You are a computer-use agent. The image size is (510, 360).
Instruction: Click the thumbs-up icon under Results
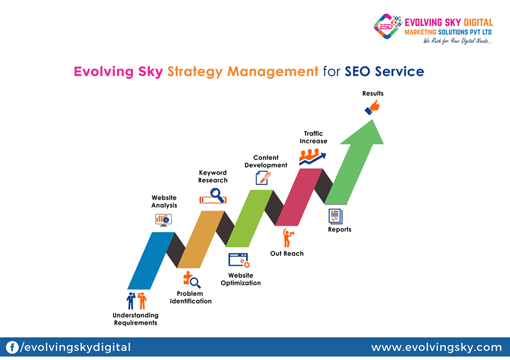tap(372, 107)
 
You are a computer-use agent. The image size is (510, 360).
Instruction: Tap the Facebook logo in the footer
tap(12, 347)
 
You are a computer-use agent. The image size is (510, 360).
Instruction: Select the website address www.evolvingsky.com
tap(436, 347)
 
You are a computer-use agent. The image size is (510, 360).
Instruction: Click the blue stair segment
tap(151, 261)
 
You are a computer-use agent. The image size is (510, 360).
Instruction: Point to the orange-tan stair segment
tap(201, 239)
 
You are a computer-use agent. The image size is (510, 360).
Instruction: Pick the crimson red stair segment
tap(299, 197)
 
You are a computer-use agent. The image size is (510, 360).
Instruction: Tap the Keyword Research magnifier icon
tap(213, 196)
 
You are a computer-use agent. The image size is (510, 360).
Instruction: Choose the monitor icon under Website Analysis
tap(163, 220)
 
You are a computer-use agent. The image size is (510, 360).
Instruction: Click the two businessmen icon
tap(137, 301)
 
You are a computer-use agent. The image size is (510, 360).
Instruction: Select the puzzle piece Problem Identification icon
tap(192, 280)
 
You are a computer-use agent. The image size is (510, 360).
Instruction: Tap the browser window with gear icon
tap(239, 261)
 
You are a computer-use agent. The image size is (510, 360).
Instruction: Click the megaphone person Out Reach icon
tap(288, 238)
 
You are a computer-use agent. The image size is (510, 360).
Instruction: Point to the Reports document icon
tap(335, 217)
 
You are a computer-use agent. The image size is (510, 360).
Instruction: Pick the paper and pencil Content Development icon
tap(263, 178)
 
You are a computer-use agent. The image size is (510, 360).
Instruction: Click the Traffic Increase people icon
tap(312, 157)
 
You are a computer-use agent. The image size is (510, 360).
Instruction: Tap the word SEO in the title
tap(358, 72)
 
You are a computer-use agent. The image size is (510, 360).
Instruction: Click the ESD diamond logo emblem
tap(387, 26)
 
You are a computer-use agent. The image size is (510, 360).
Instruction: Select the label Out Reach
tap(287, 254)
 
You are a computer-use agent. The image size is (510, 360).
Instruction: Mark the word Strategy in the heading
tap(195, 72)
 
